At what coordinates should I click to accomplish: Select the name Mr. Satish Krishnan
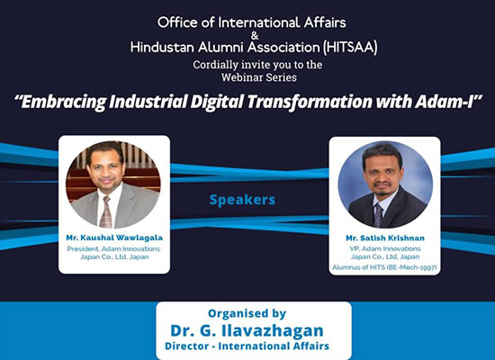[x=384, y=238]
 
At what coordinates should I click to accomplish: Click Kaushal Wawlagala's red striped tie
[x=106, y=211]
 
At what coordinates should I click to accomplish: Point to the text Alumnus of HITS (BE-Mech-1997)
[x=384, y=265]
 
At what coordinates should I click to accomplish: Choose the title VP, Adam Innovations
[x=384, y=248]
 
